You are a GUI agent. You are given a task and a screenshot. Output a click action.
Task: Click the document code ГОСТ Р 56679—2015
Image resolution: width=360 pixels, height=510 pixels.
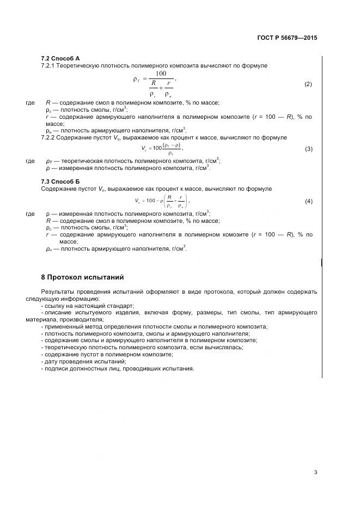point(286,38)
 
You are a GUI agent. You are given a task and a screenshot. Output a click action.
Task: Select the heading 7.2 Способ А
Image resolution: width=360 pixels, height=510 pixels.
point(60,58)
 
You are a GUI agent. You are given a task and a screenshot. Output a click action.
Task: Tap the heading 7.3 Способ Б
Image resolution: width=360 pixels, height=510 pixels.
point(60,181)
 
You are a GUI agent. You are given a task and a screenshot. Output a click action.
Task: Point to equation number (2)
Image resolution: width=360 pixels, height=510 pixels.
point(308,84)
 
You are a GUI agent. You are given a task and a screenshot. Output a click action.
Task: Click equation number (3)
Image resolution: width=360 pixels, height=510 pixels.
point(308,149)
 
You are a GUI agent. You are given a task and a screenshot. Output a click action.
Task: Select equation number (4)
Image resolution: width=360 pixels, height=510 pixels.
point(308,201)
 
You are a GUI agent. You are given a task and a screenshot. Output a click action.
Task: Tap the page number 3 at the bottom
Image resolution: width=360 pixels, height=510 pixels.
point(315,472)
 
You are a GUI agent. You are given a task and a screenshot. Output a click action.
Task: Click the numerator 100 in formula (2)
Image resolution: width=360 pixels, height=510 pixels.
point(161,73)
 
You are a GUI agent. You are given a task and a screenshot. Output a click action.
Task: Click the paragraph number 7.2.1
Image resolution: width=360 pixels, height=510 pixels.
point(50,65)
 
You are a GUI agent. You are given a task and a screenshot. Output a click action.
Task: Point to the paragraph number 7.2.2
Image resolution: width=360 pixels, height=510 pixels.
point(50,137)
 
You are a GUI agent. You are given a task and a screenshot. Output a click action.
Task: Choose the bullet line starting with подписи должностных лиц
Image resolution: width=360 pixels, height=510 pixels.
point(118,368)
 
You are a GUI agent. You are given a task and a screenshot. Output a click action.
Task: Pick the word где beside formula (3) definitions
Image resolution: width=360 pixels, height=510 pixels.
point(30,161)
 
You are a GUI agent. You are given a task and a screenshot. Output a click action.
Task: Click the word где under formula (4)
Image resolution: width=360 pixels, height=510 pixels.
point(30,214)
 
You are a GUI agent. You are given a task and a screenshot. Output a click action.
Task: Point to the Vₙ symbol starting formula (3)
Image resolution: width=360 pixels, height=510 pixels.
point(144,148)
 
